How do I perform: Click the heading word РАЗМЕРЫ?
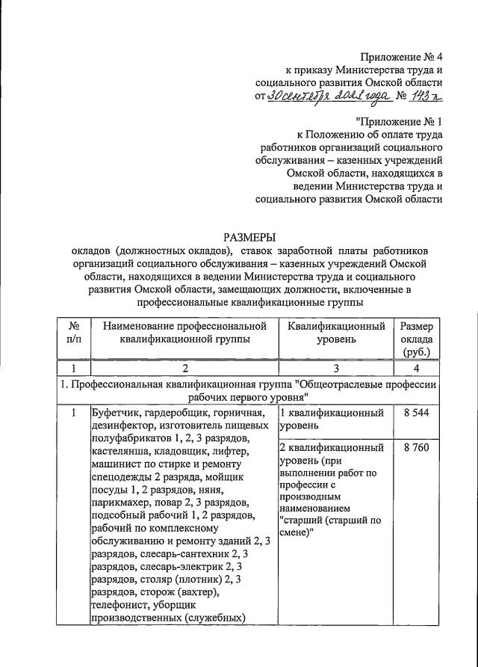coord(251,236)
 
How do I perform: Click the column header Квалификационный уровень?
coord(335,332)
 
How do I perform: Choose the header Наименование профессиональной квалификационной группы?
coord(184,332)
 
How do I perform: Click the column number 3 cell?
coord(335,368)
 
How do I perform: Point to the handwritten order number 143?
coord(423,96)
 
